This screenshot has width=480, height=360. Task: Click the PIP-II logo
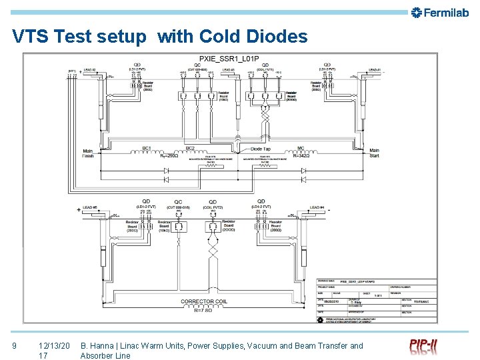(x=423, y=347)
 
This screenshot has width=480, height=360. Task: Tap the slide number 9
(x=14, y=345)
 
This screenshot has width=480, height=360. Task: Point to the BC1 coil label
(x=147, y=148)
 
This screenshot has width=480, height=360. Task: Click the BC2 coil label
(x=190, y=148)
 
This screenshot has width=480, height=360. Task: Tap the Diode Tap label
(x=260, y=149)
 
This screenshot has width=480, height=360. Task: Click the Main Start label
(x=374, y=153)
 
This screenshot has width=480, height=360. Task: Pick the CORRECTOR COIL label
(x=207, y=301)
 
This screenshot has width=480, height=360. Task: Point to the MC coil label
(x=301, y=148)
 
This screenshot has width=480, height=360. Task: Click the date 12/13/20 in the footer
(x=54, y=345)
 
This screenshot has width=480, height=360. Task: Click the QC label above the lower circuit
(x=178, y=202)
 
